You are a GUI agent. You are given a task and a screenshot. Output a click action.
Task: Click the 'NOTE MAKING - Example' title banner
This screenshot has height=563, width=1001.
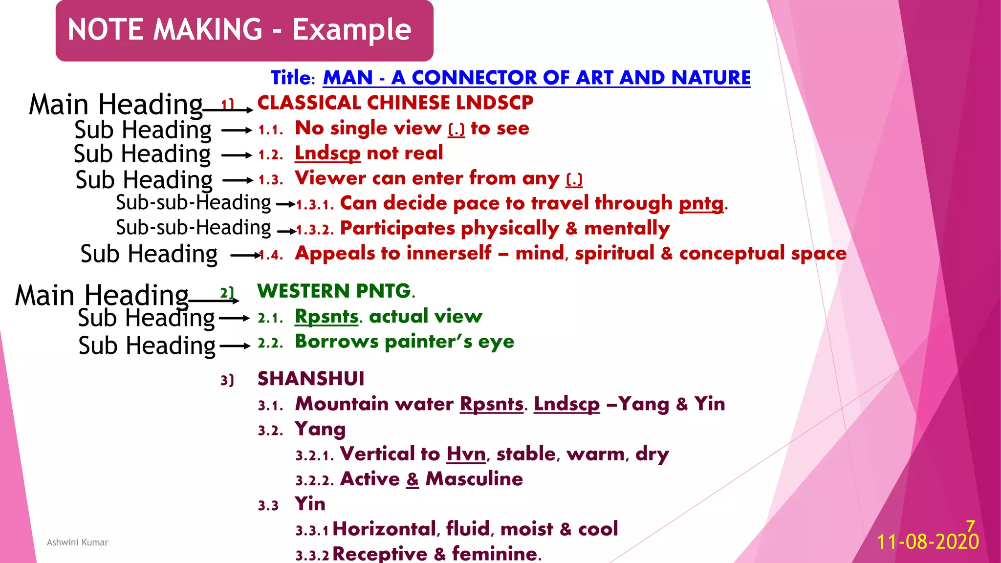tap(239, 30)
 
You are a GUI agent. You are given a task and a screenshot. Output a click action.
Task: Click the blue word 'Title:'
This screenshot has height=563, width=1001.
tap(293, 78)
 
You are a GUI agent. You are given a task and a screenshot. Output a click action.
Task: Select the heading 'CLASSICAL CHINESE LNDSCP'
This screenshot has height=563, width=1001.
tap(395, 103)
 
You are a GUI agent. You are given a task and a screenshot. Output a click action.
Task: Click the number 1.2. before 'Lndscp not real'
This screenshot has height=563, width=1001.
tap(270, 155)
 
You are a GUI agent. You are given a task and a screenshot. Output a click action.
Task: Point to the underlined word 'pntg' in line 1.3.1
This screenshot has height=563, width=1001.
tap(701, 203)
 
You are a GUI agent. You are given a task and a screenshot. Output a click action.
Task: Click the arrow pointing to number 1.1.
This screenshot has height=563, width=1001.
tap(237, 130)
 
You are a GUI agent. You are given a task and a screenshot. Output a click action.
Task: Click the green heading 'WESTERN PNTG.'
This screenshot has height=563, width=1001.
tap(336, 291)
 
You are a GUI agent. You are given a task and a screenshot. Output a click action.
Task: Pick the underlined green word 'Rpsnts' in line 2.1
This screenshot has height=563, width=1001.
tap(326, 317)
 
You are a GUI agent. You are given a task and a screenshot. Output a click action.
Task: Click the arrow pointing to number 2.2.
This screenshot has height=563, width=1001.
tap(235, 346)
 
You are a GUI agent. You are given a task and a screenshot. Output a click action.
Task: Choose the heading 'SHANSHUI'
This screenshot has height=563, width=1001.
tap(311, 379)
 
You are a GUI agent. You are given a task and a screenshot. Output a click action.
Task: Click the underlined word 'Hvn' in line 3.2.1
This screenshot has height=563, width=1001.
tap(466, 454)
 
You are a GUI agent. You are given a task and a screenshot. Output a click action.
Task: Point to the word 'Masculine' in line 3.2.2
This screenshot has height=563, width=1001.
tap(474, 479)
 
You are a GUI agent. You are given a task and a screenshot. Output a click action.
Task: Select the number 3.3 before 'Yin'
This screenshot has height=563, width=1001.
tap(268, 506)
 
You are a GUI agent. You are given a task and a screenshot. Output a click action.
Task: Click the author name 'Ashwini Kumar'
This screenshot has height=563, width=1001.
tap(77, 542)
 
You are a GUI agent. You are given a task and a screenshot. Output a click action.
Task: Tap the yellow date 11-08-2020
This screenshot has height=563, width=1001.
tap(928, 542)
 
